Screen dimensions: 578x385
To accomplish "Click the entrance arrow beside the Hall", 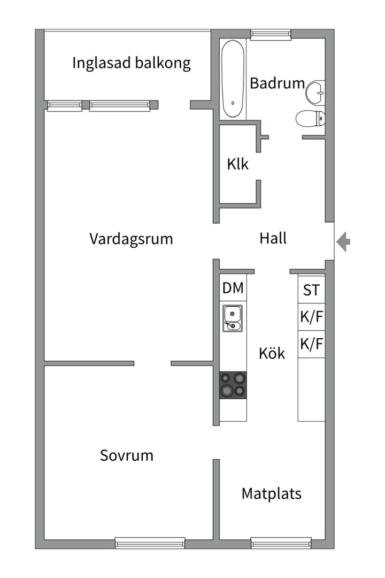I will [344, 241].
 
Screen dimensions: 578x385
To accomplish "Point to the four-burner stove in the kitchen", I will [233, 385].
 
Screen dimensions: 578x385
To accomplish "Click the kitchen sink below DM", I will [233, 318].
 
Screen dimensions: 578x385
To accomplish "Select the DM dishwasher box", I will [233, 288].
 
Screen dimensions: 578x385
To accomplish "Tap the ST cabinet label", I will [311, 291].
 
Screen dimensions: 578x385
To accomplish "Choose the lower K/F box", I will [311, 345].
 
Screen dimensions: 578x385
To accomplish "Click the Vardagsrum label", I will [131, 239].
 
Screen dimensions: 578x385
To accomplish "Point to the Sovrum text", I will [127, 455].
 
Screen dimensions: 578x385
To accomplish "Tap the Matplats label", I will [271, 493].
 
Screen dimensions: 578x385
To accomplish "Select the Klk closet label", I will [237, 164].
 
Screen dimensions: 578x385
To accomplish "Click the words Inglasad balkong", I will [132, 63].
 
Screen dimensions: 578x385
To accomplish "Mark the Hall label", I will [273, 238].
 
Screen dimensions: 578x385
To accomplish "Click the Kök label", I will [272, 354].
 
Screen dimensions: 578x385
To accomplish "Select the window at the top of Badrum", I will [271, 35].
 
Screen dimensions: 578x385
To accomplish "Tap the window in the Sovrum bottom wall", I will [150, 543].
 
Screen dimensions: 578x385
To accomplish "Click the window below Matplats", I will [281, 543].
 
